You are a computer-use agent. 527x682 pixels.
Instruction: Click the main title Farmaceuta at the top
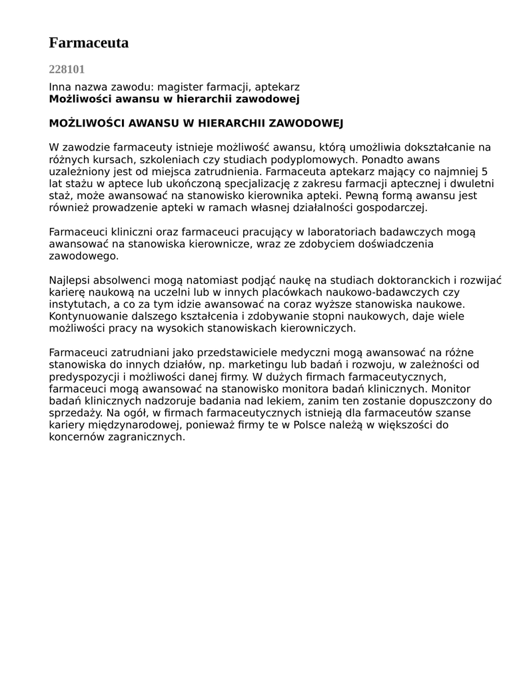[x=89, y=43]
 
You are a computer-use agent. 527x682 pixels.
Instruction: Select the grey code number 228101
[x=67, y=69]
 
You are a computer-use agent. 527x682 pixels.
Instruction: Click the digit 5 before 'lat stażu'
[x=484, y=172]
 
